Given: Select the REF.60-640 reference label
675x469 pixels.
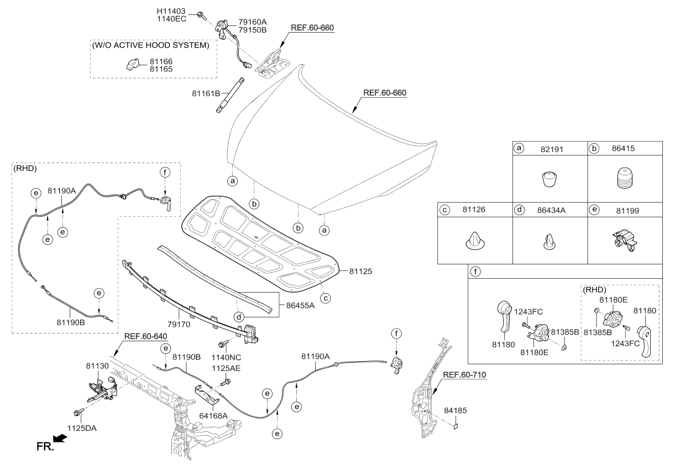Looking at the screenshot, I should (145, 336).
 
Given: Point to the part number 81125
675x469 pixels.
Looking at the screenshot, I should (362, 271).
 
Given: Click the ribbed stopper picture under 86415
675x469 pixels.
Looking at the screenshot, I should (625, 180).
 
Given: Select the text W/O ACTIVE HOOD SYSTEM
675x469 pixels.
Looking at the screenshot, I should (151, 45).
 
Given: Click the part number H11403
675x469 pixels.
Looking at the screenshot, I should (172, 11).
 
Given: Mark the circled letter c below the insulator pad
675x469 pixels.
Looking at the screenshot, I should (326, 298).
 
